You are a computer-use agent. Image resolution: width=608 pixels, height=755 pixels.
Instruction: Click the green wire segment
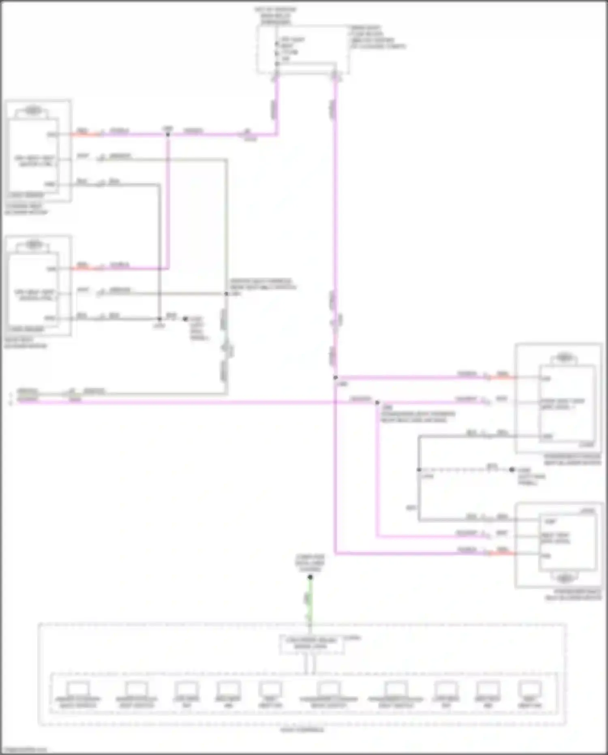tap(310, 600)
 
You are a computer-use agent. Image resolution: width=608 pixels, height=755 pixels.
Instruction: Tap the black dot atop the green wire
tap(310, 577)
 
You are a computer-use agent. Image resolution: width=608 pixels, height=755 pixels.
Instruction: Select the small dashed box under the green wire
tap(312, 644)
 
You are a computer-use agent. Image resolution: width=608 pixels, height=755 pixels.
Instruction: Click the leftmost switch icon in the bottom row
tap(78, 689)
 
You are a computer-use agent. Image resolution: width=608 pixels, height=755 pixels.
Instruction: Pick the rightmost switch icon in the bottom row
tap(530, 689)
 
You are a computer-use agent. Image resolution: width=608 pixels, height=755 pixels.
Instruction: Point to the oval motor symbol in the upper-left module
tap(33, 110)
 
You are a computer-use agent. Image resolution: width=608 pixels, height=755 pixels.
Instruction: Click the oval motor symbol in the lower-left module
tap(34, 245)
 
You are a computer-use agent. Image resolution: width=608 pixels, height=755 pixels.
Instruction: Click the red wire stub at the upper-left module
tap(85, 134)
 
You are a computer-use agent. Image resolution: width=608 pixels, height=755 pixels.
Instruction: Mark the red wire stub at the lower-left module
tap(85, 268)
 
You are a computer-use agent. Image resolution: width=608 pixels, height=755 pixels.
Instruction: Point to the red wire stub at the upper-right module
tap(503, 377)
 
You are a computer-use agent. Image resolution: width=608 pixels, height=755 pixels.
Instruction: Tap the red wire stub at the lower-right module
tap(503, 553)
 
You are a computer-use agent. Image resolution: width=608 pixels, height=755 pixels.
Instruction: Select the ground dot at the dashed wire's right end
tap(512, 470)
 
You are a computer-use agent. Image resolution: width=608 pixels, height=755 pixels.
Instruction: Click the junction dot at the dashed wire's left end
tap(419, 470)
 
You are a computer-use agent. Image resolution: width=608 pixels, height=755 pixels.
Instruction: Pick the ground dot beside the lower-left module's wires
tap(185, 319)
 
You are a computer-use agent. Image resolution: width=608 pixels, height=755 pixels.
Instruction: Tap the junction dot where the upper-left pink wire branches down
tap(168, 134)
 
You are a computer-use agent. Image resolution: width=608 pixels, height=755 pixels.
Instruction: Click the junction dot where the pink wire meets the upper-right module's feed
tap(336, 378)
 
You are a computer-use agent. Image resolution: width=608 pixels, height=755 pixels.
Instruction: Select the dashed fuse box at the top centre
tap(303, 49)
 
